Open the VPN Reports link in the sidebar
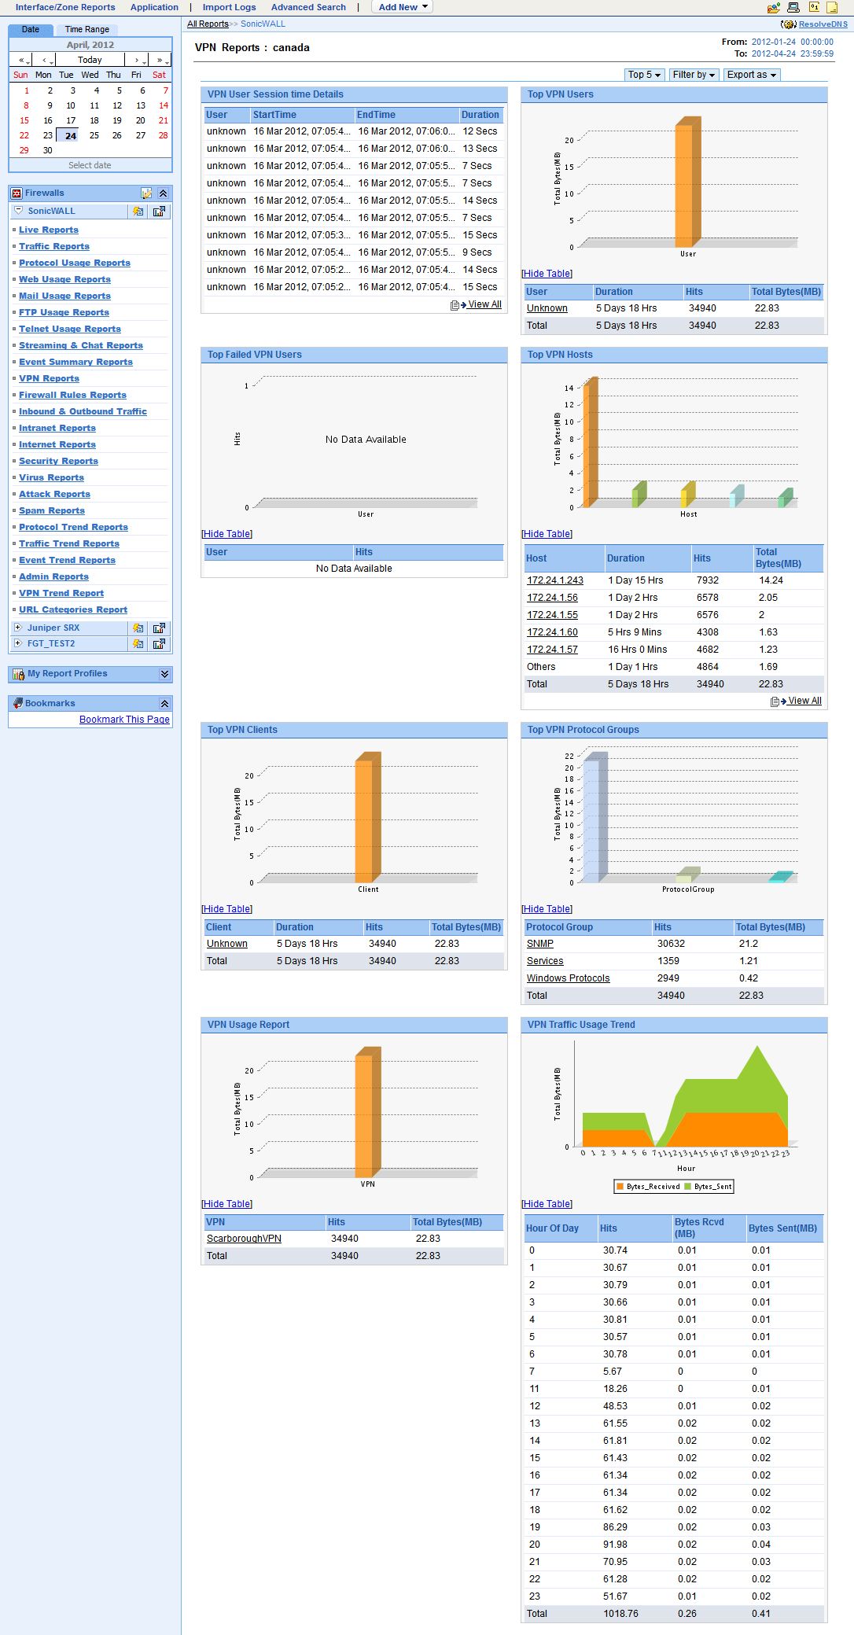coord(49,378)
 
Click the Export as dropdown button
coord(751,75)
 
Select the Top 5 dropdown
coord(643,75)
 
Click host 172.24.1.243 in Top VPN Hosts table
coord(554,580)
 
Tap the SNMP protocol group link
coord(539,944)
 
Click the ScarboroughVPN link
coord(244,1239)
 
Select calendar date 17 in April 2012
coord(71,120)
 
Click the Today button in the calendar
coord(90,60)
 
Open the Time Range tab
coord(87,29)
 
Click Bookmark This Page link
coord(124,720)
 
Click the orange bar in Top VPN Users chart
coord(684,185)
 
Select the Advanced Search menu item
coord(308,7)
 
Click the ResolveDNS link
coord(823,24)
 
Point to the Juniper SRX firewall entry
coord(53,628)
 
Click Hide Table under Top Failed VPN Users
coord(226,534)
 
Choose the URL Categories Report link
coord(73,609)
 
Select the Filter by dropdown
coord(693,75)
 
